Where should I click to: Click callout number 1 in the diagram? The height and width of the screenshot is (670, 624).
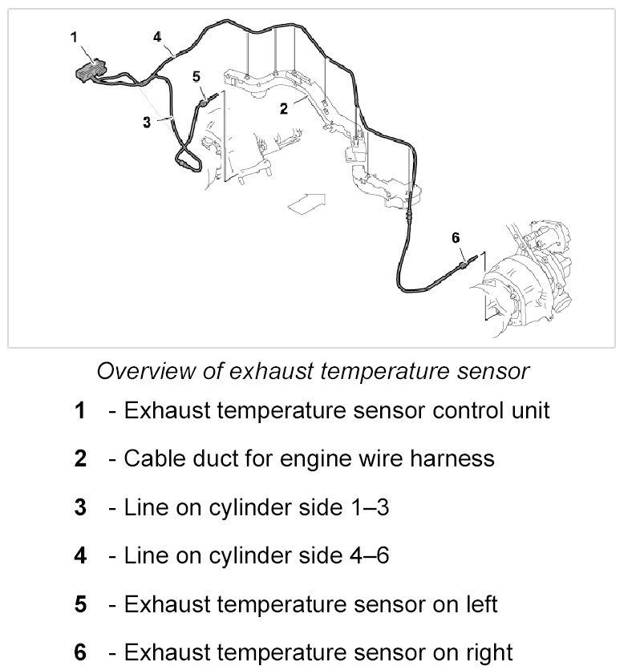pos(74,36)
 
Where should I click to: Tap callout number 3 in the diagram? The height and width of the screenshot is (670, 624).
pos(147,122)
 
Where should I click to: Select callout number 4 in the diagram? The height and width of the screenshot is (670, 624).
pos(157,36)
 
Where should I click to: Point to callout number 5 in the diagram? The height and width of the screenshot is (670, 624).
pos(194,76)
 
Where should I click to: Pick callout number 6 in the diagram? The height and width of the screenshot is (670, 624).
pos(456,237)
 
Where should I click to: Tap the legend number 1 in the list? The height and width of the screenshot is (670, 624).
pos(79,410)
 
